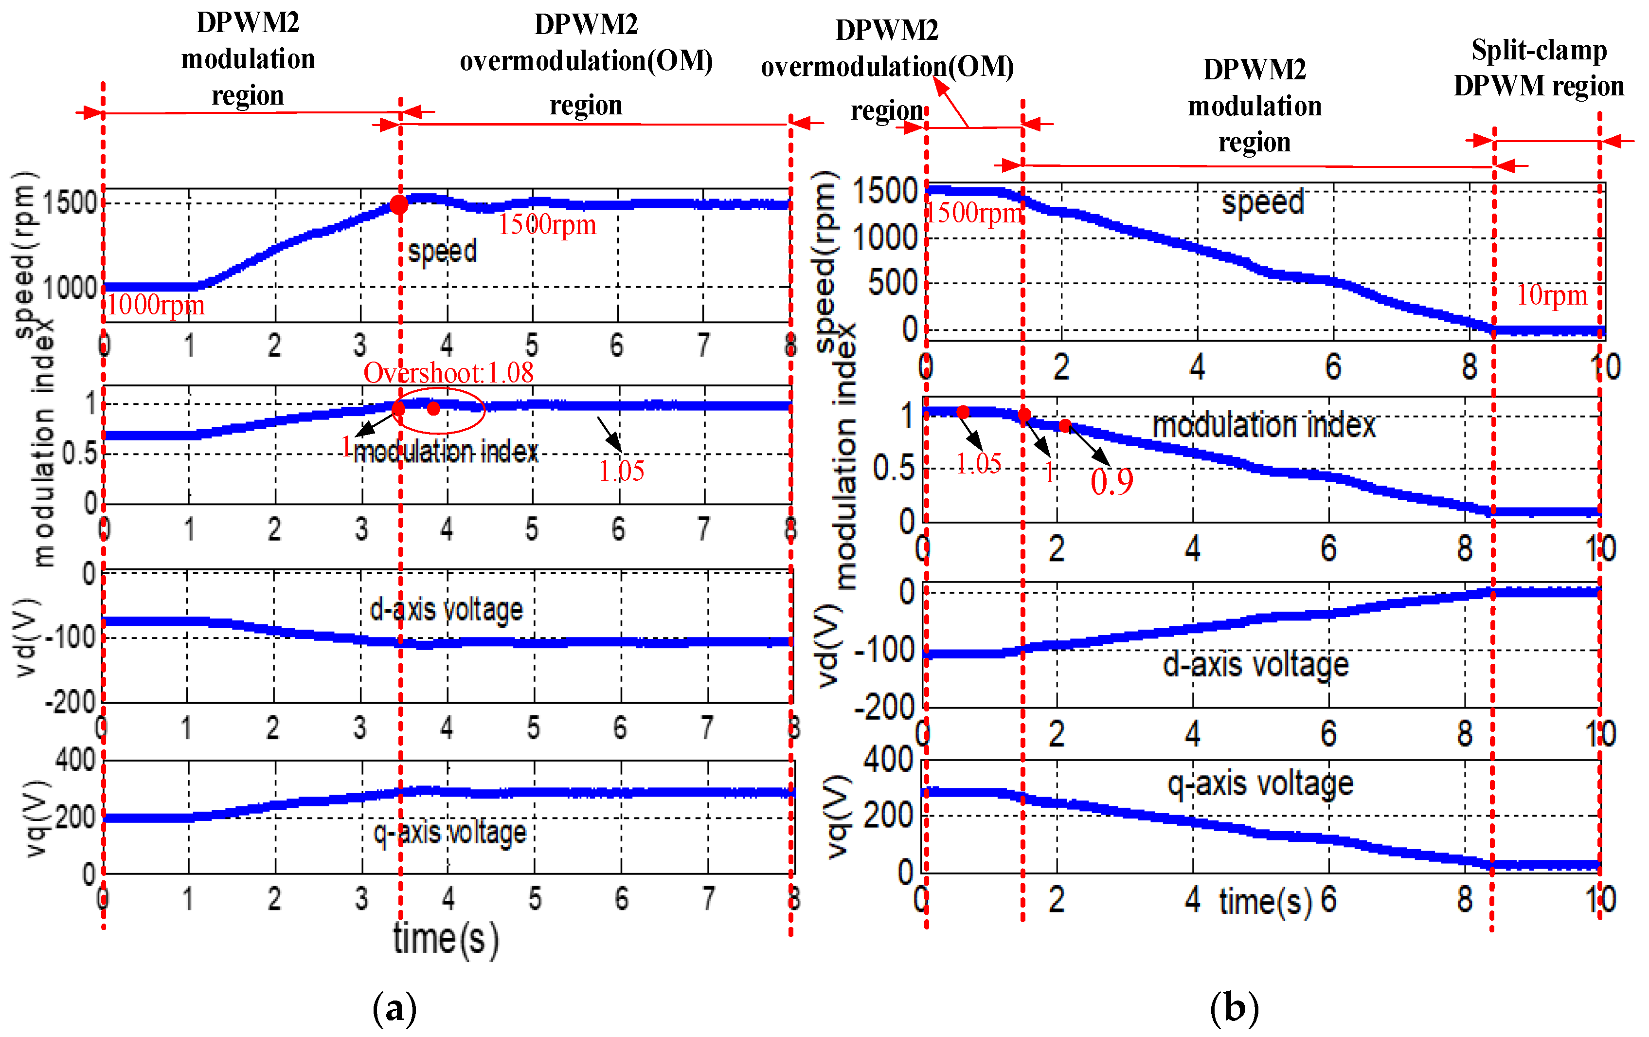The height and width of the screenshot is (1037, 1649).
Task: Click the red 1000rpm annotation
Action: tap(156, 305)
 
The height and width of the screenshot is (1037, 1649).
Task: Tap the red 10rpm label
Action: tap(1551, 295)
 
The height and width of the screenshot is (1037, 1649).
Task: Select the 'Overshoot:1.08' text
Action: tap(448, 373)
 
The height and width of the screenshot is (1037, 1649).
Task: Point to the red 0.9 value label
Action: tap(1111, 481)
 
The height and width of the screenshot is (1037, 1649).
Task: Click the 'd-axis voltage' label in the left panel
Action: tap(446, 609)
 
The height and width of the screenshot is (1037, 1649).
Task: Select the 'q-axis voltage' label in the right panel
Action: tap(1260, 783)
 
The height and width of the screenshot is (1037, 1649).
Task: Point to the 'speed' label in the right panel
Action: tap(1263, 203)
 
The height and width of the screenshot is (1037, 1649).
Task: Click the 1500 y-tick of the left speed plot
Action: tap(70, 203)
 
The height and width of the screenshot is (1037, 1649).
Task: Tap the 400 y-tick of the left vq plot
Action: tap(75, 760)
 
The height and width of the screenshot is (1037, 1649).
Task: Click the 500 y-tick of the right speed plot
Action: tap(892, 283)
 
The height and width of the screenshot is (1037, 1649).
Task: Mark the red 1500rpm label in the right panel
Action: tap(974, 213)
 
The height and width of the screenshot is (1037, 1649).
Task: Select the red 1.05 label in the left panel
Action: tap(621, 471)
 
